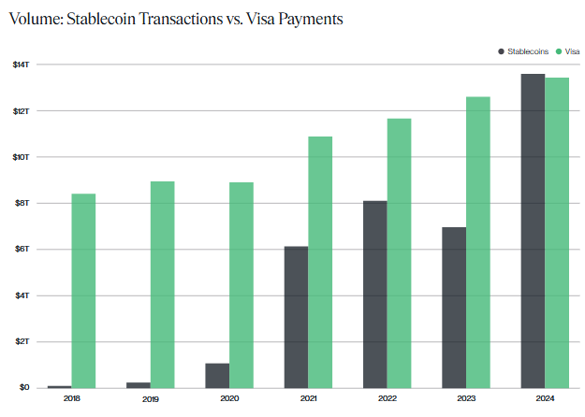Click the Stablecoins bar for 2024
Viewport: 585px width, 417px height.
point(533,230)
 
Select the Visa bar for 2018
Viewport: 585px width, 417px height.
point(83,290)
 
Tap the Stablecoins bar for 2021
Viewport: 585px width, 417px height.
point(296,317)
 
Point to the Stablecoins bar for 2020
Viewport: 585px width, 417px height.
point(217,375)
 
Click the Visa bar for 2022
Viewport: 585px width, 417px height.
point(399,252)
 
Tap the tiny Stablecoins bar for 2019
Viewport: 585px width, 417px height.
point(139,384)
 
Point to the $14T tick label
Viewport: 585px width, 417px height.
point(22,64)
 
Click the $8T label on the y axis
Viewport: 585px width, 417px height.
point(22,203)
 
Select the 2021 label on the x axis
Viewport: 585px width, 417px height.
point(308,399)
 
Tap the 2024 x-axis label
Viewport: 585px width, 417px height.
point(545,399)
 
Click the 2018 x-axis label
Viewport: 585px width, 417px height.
point(71,399)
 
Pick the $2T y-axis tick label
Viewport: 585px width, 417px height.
point(22,341)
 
